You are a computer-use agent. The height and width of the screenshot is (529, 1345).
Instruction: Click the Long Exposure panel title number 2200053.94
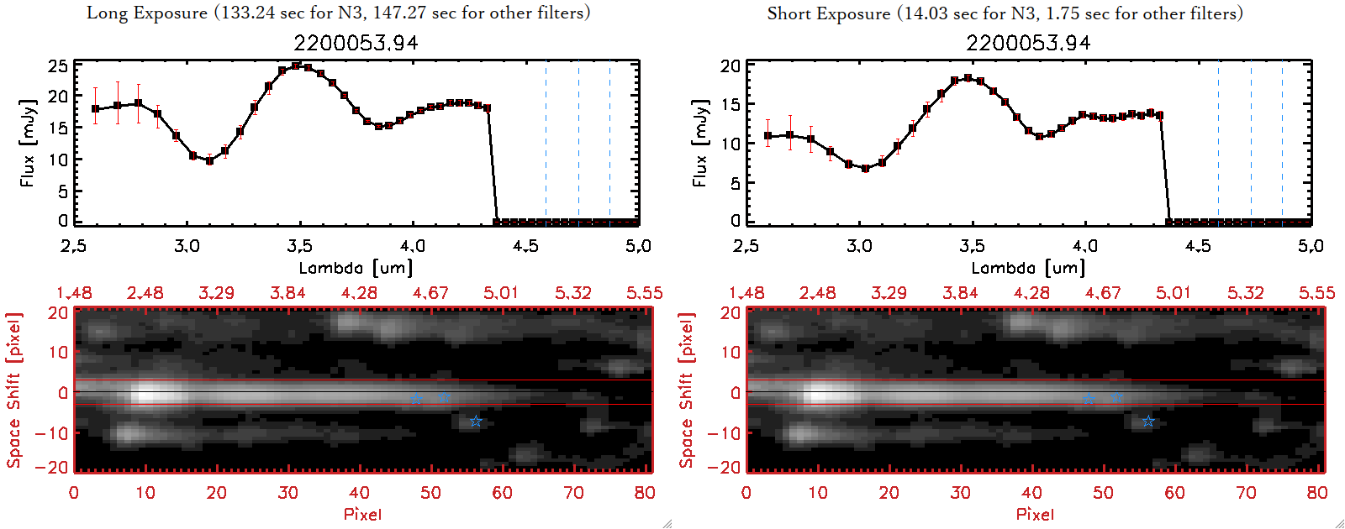pos(356,43)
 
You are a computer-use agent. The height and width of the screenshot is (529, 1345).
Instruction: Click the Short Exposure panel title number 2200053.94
pos(1028,43)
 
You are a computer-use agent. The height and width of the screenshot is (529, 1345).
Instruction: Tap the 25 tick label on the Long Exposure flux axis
pos(58,65)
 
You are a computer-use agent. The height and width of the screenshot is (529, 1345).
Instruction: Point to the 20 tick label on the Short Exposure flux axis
pos(731,65)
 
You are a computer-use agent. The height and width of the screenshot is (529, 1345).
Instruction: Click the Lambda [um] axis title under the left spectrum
pos(356,268)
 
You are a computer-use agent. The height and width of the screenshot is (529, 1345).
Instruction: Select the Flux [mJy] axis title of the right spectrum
pos(699,143)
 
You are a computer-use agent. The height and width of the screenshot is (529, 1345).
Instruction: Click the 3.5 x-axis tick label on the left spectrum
pos(299,246)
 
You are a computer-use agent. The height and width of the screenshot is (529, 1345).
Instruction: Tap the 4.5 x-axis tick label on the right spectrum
pos(1198,246)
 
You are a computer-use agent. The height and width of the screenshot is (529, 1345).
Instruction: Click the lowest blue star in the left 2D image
pos(476,421)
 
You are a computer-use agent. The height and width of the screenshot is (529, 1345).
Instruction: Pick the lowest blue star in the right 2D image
pos(1148,421)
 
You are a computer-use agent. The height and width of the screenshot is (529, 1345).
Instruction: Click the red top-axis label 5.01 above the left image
pos(501,293)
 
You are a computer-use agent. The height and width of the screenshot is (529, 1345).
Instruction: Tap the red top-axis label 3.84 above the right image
pos(960,293)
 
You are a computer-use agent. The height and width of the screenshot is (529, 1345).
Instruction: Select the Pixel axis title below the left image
pos(362,514)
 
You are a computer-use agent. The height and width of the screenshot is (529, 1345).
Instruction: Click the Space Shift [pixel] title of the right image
pos(687,390)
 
